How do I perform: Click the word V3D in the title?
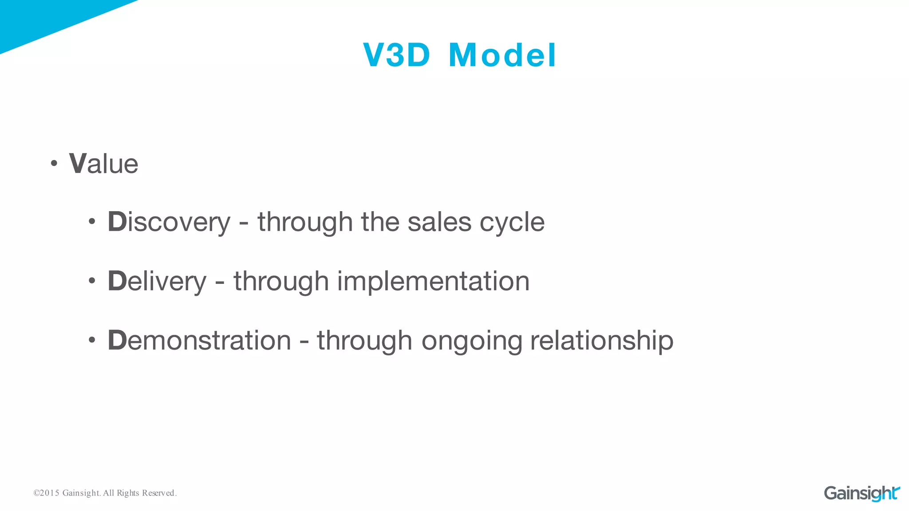click(x=396, y=55)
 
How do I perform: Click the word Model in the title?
click(x=502, y=55)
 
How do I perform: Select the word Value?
click(x=103, y=164)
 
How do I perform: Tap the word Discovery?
click(x=169, y=222)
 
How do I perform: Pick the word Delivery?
click(x=157, y=281)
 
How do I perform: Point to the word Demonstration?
click(x=199, y=341)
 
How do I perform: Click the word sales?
click(x=439, y=222)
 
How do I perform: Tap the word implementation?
click(x=433, y=281)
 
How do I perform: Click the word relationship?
click(x=602, y=341)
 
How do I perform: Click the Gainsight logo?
click(x=862, y=493)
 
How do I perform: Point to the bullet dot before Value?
click(x=54, y=164)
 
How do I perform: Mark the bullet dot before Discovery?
click(x=92, y=222)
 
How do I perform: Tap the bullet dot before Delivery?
click(x=92, y=281)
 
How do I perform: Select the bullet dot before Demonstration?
click(x=92, y=340)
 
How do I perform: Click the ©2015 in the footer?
click(x=46, y=493)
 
